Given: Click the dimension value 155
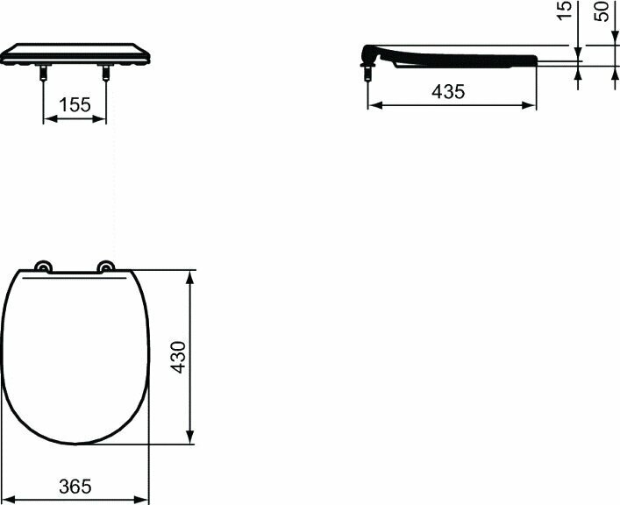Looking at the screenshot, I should [75, 105].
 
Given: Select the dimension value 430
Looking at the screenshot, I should [177, 357].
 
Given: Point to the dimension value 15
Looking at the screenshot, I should [565, 10].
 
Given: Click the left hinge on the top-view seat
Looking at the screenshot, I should [41, 267].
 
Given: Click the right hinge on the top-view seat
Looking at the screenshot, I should [106, 267].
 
